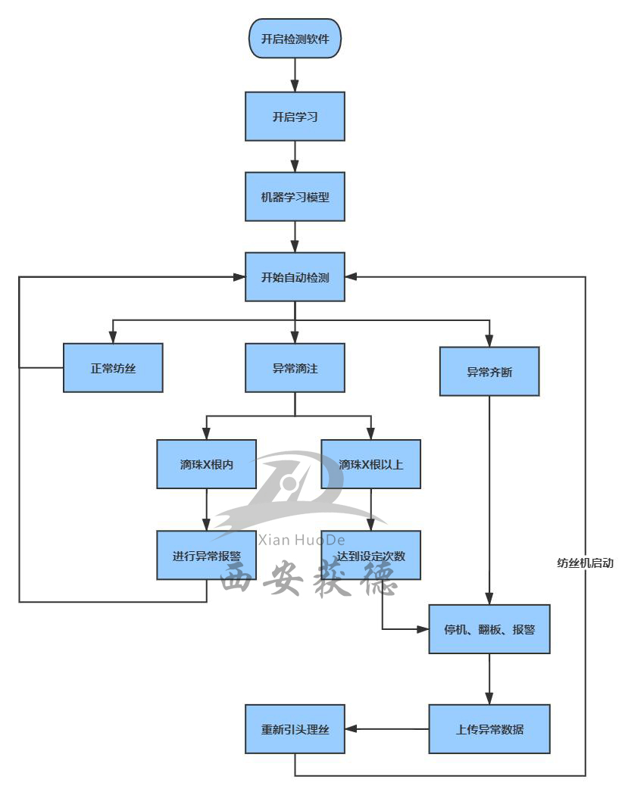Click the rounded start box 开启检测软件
[x=295, y=39]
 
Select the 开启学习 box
[x=295, y=117]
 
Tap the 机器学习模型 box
[x=295, y=197]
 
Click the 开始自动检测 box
[x=295, y=277]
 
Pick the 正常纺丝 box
[x=113, y=368]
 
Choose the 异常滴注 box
[x=295, y=368]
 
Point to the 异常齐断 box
[x=489, y=372]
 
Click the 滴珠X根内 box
[x=207, y=464]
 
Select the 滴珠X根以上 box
[x=370, y=464]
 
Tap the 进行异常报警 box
[x=207, y=556]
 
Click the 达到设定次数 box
[x=370, y=556]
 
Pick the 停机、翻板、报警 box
[x=489, y=629]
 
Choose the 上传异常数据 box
[x=489, y=730]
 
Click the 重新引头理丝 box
[x=295, y=730]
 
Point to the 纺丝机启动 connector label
[x=585, y=563]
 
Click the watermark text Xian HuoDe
[x=302, y=540]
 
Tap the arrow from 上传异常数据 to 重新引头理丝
[x=386, y=730]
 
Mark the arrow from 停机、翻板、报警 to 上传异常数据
[x=489, y=679]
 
